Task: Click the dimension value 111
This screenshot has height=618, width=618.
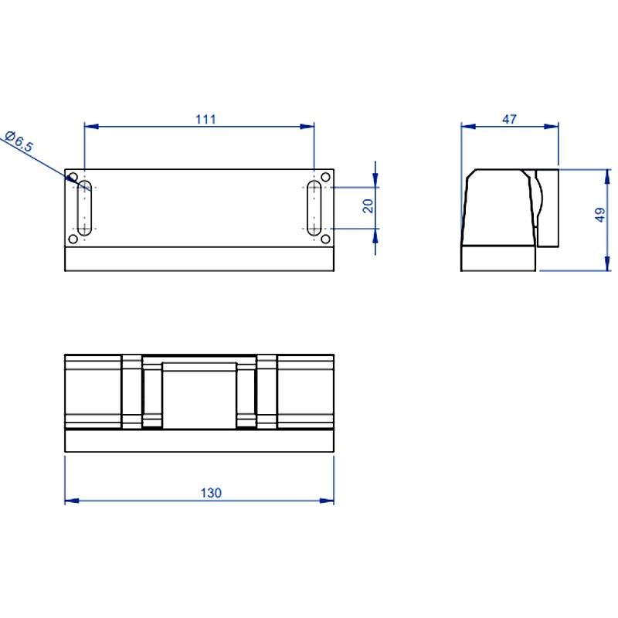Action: click(205, 119)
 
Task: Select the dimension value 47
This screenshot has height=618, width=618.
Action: click(509, 119)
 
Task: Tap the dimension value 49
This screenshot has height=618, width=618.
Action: click(600, 216)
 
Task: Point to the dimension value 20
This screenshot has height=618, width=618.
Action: click(368, 205)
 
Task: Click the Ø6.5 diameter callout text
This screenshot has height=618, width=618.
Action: click(19, 144)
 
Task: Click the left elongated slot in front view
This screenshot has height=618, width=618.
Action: click(84, 208)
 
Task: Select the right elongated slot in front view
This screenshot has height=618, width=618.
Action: click(314, 208)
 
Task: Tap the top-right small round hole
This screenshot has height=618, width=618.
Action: click(325, 178)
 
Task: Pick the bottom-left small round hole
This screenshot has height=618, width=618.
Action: click(73, 239)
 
